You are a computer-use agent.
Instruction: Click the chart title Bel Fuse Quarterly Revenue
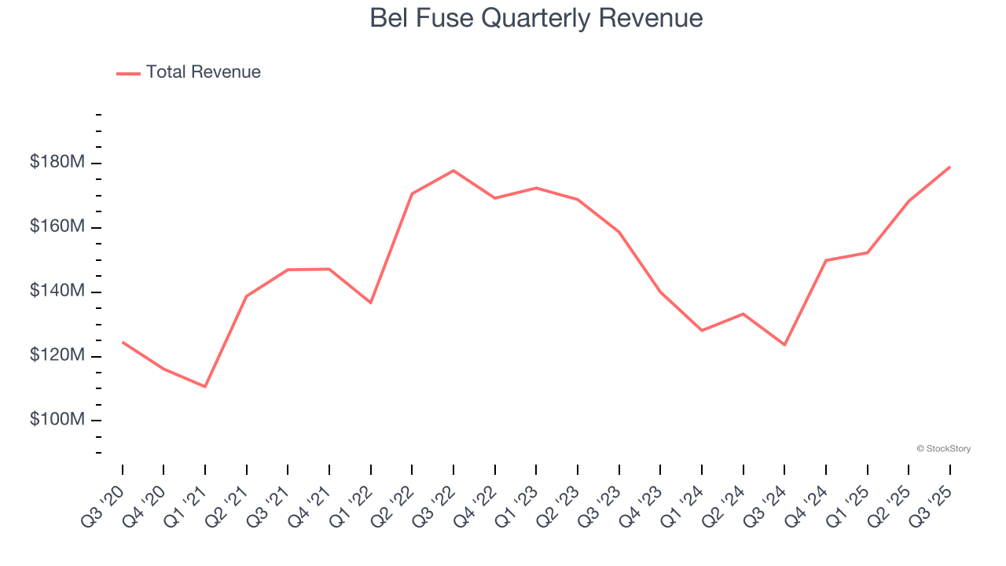[x=536, y=18]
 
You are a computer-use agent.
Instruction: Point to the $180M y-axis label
[x=57, y=163]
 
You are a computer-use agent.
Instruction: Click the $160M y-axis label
[x=57, y=227]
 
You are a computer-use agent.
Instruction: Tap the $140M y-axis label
[x=57, y=292]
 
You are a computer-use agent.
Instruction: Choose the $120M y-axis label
[x=57, y=356]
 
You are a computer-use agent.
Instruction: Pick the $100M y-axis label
[x=57, y=420]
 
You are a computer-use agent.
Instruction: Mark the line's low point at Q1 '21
[x=205, y=387]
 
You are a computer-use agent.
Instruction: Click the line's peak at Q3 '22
[x=453, y=171]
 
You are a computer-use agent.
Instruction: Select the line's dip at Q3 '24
[x=784, y=344]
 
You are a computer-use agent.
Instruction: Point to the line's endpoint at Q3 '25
[x=949, y=167]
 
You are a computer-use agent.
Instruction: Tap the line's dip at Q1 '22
[x=371, y=303]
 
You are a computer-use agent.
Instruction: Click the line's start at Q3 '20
[x=123, y=342]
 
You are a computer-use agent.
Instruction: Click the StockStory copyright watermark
[x=943, y=449]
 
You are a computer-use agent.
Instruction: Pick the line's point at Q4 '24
[x=826, y=260]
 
